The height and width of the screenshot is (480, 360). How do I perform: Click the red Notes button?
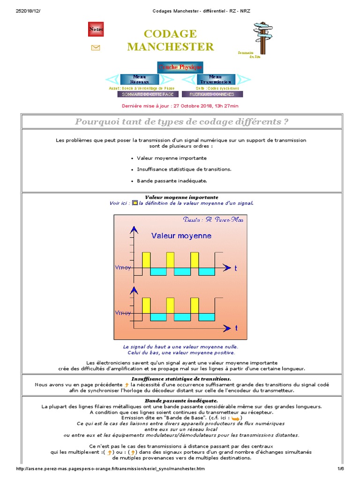(x=96, y=29)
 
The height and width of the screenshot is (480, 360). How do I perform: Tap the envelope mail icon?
(x=96, y=47)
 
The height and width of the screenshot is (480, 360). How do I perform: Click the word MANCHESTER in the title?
(x=170, y=46)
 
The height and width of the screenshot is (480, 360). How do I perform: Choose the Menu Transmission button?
(x=216, y=79)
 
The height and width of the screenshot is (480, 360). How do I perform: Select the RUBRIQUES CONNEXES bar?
(x=212, y=94)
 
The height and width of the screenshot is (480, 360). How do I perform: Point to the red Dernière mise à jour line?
(x=180, y=106)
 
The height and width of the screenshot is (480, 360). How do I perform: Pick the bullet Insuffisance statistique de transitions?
(x=184, y=169)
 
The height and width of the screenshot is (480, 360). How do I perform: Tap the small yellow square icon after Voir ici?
(x=135, y=203)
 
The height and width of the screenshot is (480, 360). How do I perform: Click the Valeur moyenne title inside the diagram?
(x=181, y=236)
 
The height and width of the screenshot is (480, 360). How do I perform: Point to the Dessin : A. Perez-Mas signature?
(x=213, y=220)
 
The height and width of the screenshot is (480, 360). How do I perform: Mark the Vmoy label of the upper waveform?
(x=123, y=267)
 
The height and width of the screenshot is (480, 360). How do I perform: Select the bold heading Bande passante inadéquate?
(x=181, y=401)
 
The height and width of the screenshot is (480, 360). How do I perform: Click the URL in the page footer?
(x=110, y=469)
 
